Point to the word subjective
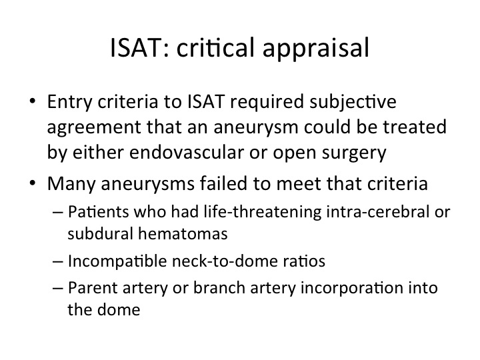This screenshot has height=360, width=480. tap(353, 103)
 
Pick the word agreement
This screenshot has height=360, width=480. tap(94, 128)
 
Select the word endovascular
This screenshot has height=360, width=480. tap(187, 152)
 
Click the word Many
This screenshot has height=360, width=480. tap(71, 185)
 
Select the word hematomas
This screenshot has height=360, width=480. tap(183, 233)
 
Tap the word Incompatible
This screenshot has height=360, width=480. tap(117, 262)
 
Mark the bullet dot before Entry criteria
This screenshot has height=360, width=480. tap(33, 101)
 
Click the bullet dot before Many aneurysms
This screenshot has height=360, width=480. tap(33, 183)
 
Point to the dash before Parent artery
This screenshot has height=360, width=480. tap(58, 289)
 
